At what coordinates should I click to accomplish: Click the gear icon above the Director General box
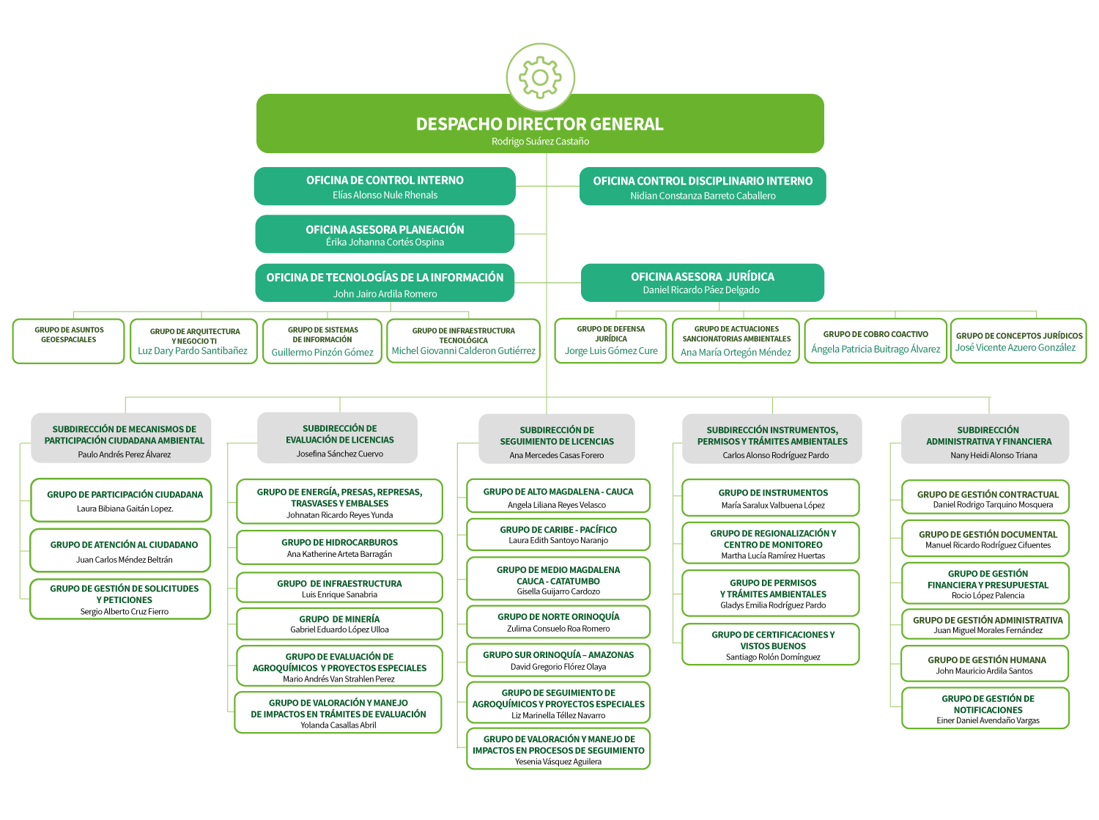(540, 77)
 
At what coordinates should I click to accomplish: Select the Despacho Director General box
(540, 124)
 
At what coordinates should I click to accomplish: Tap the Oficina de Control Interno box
(385, 186)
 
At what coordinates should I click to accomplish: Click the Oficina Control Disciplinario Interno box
(703, 187)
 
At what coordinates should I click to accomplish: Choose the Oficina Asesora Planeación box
(385, 234)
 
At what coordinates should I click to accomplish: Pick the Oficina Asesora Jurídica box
(703, 282)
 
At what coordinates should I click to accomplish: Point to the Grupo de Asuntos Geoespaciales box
(69, 341)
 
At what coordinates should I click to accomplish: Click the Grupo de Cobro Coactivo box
(876, 341)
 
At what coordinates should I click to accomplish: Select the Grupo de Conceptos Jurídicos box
(1018, 341)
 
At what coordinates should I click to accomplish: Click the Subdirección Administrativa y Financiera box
(985, 439)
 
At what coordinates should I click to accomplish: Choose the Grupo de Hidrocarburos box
(339, 547)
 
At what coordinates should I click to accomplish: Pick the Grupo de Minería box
(339, 624)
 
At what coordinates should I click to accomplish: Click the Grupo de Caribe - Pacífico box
(558, 534)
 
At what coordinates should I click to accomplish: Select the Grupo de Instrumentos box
(771, 498)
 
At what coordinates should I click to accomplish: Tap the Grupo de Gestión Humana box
(985, 664)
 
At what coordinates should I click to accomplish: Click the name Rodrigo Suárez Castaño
(540, 141)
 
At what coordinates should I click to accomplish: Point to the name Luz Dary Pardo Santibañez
(193, 351)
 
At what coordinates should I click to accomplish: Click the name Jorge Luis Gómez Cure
(611, 351)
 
